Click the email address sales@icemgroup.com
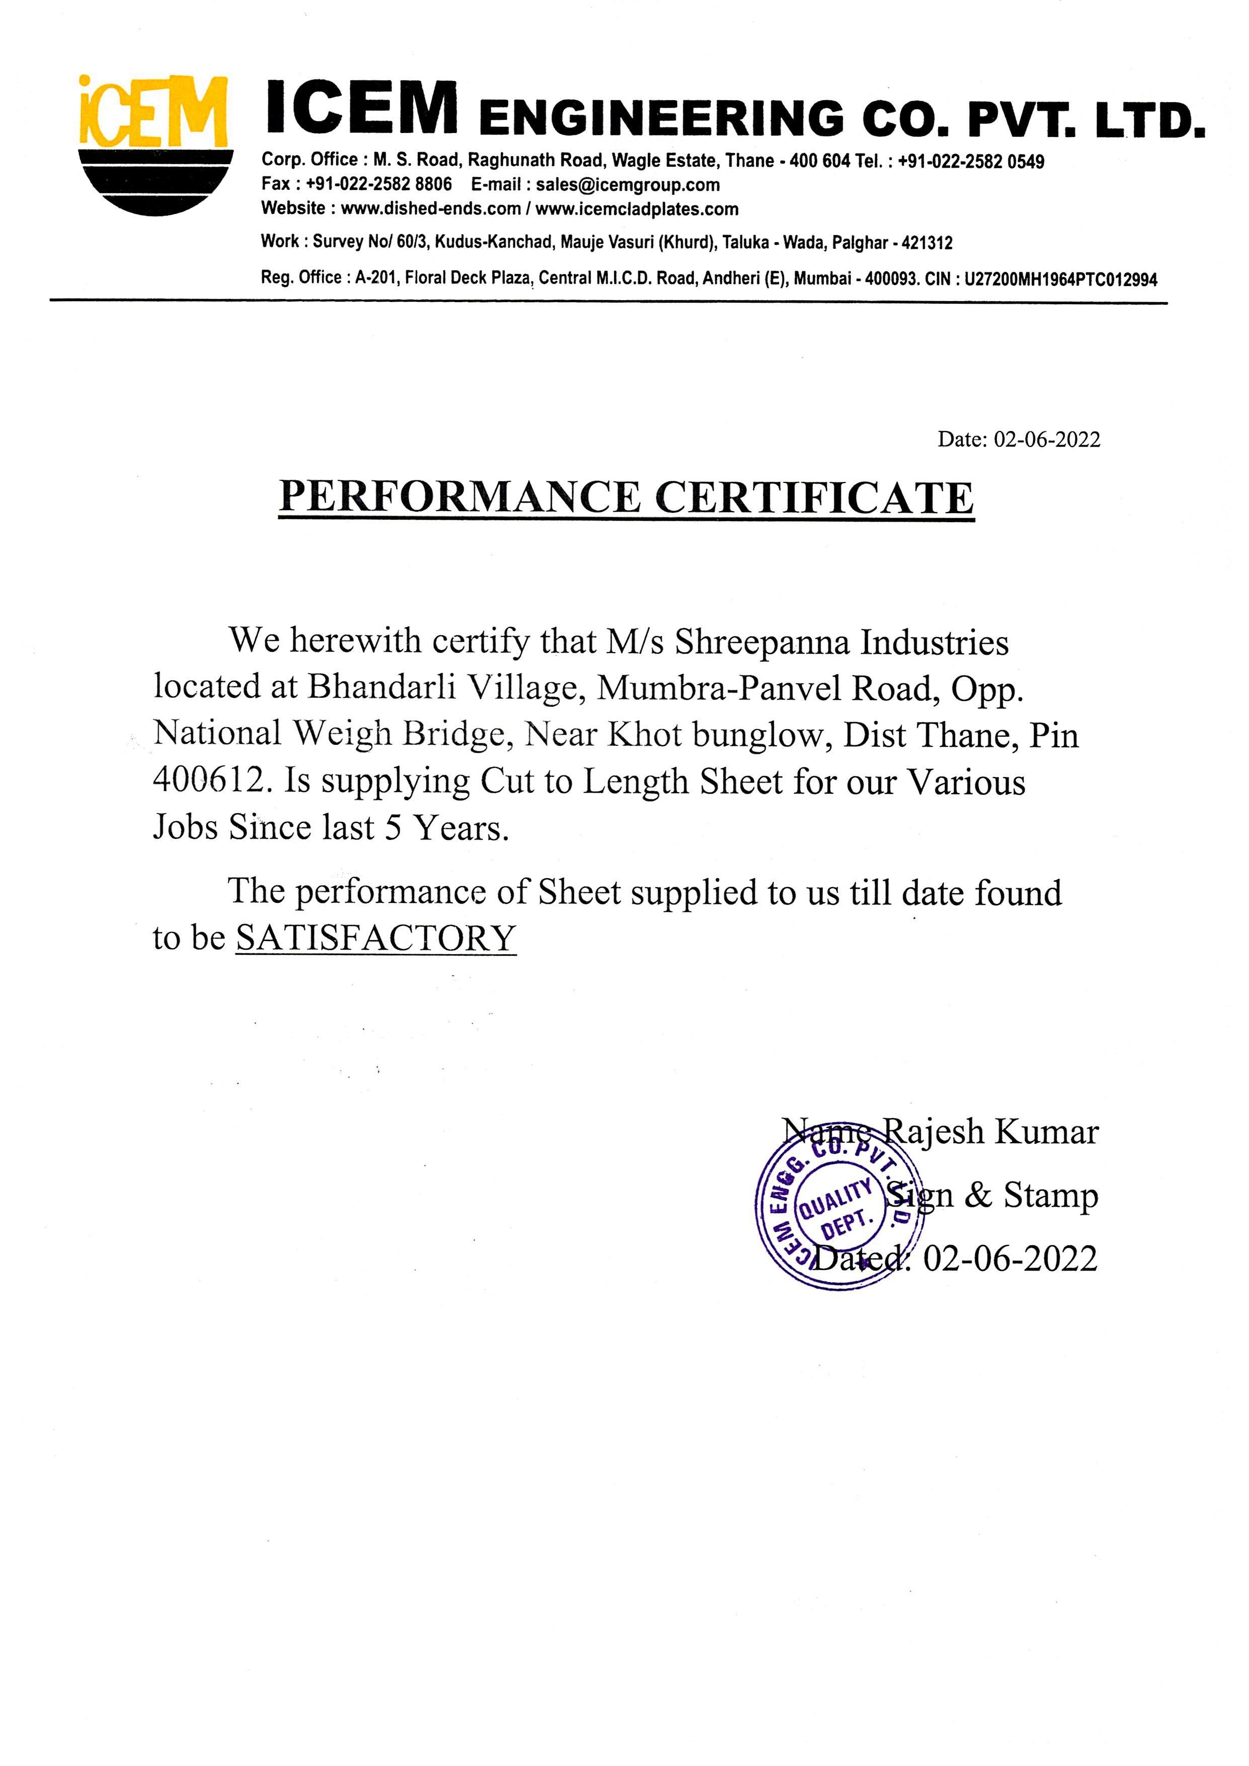(628, 185)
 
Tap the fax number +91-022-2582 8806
(379, 185)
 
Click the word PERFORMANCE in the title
(459, 497)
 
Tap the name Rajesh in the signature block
(932, 1132)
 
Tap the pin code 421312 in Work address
(927, 243)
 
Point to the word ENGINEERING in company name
(662, 119)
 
